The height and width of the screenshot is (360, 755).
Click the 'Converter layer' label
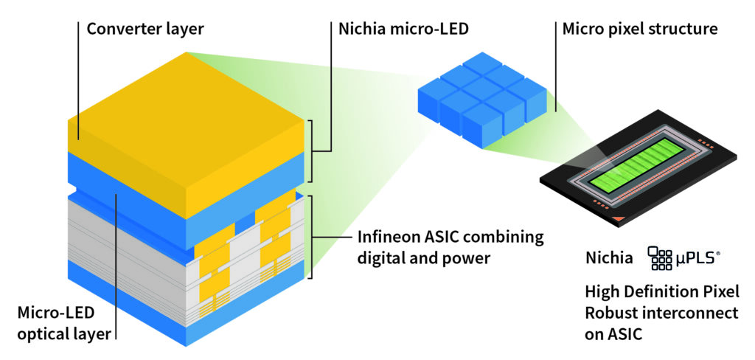pyautogui.click(x=145, y=29)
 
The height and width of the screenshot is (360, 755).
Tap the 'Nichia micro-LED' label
pyautogui.click(x=403, y=29)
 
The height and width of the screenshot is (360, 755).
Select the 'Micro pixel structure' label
pyautogui.click(x=640, y=29)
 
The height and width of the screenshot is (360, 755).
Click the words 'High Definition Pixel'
pyautogui.click(x=662, y=291)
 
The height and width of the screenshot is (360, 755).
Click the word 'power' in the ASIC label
pyautogui.click(x=464, y=258)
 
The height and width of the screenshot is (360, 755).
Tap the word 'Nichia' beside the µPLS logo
pyautogui.click(x=609, y=258)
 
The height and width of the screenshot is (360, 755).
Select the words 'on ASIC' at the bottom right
pyautogui.click(x=613, y=333)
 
